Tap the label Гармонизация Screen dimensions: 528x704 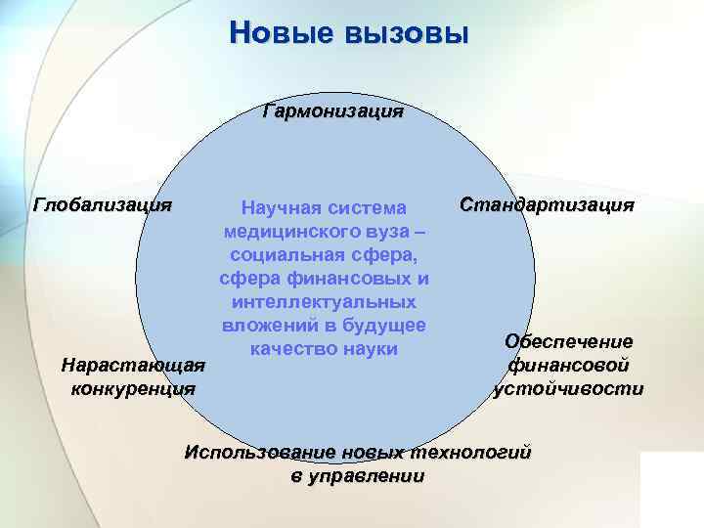[332, 110]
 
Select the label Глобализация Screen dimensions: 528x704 [103, 205]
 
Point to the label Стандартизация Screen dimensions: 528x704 [547, 205]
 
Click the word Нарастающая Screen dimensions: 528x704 [133, 366]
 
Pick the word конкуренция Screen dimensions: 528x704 [133, 388]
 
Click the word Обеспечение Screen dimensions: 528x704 [568, 341]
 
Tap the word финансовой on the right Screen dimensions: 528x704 [568, 365]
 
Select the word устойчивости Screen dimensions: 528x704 [568, 388]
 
